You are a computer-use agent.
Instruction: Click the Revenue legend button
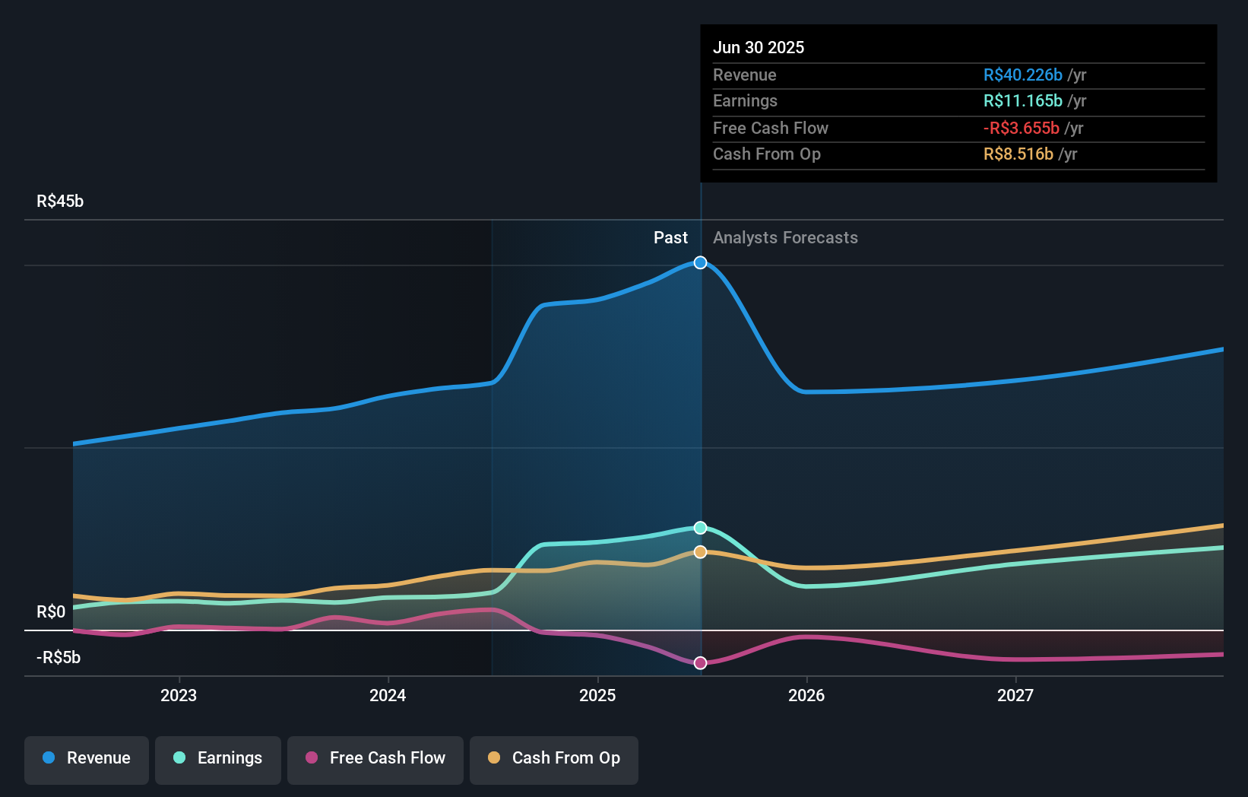pos(87,758)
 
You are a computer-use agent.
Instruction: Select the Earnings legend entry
pos(218,758)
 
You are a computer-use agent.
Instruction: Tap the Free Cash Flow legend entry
pos(375,758)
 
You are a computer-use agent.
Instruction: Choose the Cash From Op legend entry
pos(554,758)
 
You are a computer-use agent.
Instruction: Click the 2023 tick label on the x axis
pos(179,695)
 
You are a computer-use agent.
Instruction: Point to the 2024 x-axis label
pos(388,695)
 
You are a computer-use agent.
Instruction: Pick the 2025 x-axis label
pos(597,695)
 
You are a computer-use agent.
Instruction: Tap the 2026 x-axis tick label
pos(806,695)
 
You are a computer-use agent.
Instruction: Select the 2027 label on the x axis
pos(1015,695)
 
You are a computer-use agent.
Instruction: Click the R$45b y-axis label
pos(60,202)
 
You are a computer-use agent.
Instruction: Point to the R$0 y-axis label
pos(51,612)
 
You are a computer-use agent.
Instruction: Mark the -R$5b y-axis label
pos(59,658)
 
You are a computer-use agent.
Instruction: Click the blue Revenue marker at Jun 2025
pos(701,262)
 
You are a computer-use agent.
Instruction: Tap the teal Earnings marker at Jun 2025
pos(701,528)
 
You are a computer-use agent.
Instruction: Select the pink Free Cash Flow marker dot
pos(701,663)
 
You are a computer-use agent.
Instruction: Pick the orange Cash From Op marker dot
pos(701,552)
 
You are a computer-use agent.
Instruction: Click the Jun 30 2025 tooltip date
pos(759,48)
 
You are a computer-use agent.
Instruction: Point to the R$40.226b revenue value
pos(1023,75)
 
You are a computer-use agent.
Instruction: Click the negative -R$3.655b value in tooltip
pos(1022,129)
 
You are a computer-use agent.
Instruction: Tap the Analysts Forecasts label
pos(785,238)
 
